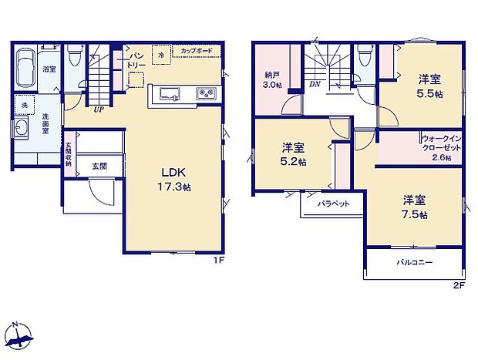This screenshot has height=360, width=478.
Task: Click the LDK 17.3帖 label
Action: click(x=175, y=179)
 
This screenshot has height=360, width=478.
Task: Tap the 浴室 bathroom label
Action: click(x=49, y=69)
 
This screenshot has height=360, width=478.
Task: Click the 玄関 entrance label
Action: click(x=99, y=165)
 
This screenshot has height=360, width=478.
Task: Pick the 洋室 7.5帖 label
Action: click(x=413, y=206)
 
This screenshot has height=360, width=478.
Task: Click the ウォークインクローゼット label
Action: click(x=440, y=147)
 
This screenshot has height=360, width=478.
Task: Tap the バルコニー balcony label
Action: click(x=415, y=262)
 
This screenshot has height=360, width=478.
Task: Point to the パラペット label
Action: click(x=334, y=204)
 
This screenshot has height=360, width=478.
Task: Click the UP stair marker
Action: click(x=99, y=109)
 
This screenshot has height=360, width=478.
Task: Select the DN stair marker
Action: click(x=315, y=83)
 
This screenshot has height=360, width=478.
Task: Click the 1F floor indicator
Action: click(x=218, y=261)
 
